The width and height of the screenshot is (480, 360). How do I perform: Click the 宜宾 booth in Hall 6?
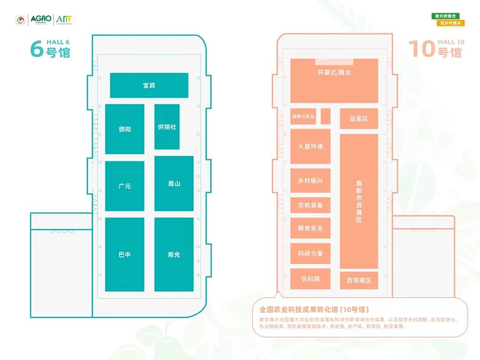pyautogui.click(x=149, y=85)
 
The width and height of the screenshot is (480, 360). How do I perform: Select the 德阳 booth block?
pyautogui.click(x=124, y=129)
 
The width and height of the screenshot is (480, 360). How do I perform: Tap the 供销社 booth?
pyautogui.click(x=167, y=127)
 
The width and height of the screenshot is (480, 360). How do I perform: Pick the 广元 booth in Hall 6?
pyautogui.click(x=124, y=186)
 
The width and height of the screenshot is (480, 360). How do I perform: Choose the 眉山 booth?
pyautogui.click(x=174, y=183)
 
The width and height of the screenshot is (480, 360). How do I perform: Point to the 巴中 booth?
pyautogui.click(x=124, y=255)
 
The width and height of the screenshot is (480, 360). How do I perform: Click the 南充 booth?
pyautogui.click(x=174, y=255)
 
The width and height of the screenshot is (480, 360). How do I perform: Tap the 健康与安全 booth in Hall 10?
pyautogui.click(x=303, y=116)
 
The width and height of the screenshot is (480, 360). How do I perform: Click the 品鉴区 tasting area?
pyautogui.click(x=359, y=119)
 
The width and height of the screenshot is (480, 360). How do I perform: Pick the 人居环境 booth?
pyautogui.click(x=310, y=146)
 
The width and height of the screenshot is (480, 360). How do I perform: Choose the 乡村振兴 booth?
pyautogui.click(x=310, y=180)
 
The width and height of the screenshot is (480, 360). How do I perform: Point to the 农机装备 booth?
pyautogui.click(x=310, y=205)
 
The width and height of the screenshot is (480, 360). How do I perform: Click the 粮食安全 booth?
pyautogui.click(x=310, y=228)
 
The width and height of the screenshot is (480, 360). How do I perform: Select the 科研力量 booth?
pyautogui.click(x=310, y=253)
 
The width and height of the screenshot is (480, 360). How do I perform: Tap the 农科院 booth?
pyautogui.click(x=310, y=279)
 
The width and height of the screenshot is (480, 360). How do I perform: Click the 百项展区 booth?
pyautogui.click(x=359, y=280)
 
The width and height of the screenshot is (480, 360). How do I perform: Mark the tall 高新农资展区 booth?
pyautogui.click(x=359, y=201)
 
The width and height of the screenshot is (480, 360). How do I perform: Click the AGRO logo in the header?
pyautogui.click(x=40, y=20)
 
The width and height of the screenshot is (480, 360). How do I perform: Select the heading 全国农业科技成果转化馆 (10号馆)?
pyautogui.click(x=314, y=309)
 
